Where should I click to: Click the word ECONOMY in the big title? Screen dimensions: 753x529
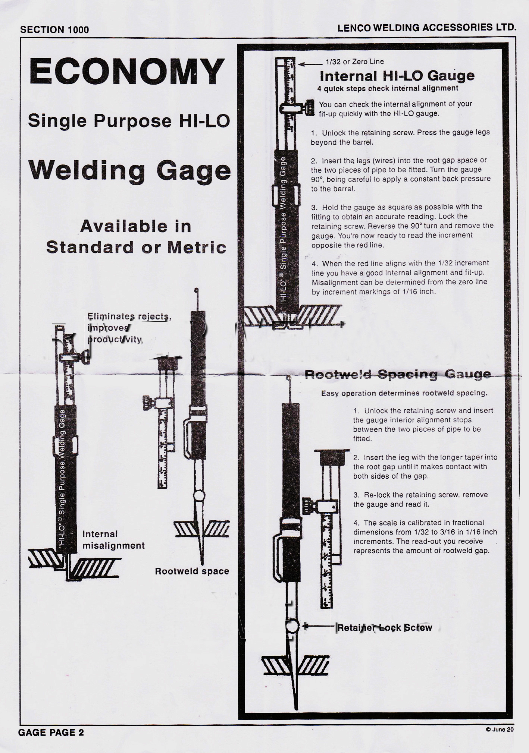click(127, 72)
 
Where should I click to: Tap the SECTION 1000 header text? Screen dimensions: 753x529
click(54, 30)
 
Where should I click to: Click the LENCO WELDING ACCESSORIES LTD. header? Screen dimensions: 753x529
click(426, 28)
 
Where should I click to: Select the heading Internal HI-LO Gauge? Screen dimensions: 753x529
click(397, 76)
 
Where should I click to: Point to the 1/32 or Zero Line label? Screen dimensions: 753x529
click(354, 62)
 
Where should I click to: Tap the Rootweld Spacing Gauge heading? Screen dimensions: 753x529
click(398, 374)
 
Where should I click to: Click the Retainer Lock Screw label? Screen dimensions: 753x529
click(384, 628)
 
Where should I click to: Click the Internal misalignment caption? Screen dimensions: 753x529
click(113, 540)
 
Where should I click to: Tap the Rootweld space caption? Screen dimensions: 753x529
click(192, 571)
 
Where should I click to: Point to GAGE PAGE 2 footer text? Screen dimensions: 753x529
click(51, 732)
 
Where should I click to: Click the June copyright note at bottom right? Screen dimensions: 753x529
click(500, 730)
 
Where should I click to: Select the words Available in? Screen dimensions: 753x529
click(136, 226)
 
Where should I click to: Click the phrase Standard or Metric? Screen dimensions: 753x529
click(136, 248)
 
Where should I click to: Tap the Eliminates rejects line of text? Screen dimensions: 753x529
click(129, 317)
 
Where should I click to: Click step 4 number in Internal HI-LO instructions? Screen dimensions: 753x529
click(315, 264)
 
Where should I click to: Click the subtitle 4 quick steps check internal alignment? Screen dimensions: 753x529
click(388, 89)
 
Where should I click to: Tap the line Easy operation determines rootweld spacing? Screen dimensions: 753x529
click(404, 393)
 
